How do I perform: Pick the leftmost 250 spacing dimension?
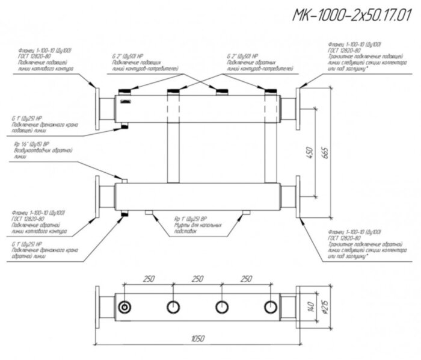(149, 279)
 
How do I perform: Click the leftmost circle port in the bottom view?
(124, 306)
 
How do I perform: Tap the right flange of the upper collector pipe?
(299, 108)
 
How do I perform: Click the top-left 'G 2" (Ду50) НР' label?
(128, 57)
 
